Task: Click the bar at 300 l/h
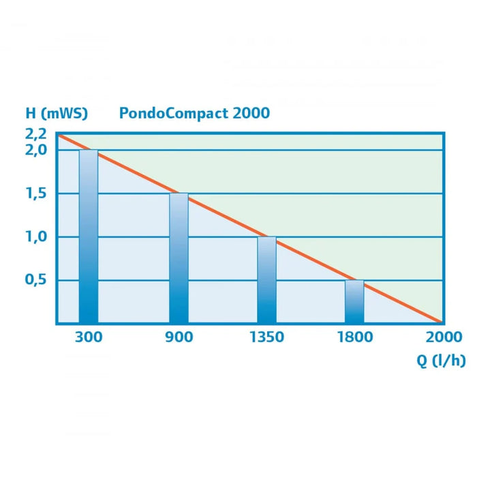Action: [x=89, y=236]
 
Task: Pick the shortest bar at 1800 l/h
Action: [x=354, y=301]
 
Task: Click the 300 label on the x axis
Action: [x=89, y=337]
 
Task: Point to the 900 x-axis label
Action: [x=179, y=337]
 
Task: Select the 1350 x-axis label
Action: [x=266, y=337]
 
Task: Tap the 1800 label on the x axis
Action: [x=354, y=337]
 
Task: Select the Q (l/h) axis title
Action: [x=442, y=361]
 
